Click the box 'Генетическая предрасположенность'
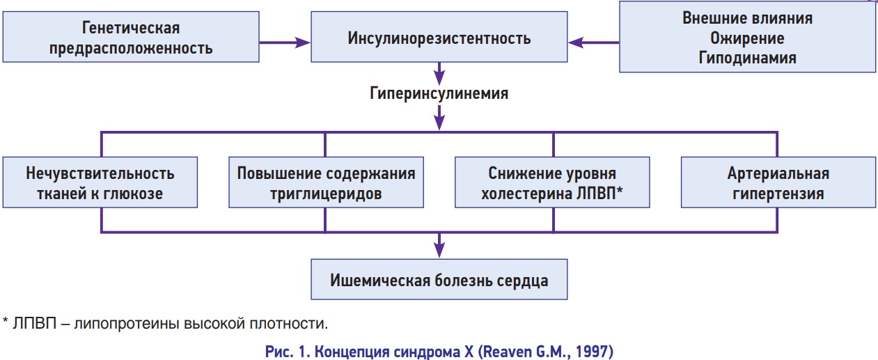(131, 37)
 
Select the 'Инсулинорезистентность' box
(439, 37)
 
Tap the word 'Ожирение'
(747, 38)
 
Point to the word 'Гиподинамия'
(747, 58)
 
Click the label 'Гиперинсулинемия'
(439, 93)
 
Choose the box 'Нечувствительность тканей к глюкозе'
(100, 182)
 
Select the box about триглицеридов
(326, 182)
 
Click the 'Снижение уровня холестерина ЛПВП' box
(552, 182)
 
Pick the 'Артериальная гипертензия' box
(778, 182)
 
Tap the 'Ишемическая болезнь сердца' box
(439, 279)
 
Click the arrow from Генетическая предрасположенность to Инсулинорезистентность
(285, 42)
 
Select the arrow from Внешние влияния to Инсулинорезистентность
(593, 42)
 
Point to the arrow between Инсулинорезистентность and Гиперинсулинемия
(439, 73)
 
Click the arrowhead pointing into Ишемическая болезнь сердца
(439, 250)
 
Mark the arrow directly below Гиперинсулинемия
(439, 117)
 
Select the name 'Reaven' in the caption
(506, 352)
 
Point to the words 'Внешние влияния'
(747, 18)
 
